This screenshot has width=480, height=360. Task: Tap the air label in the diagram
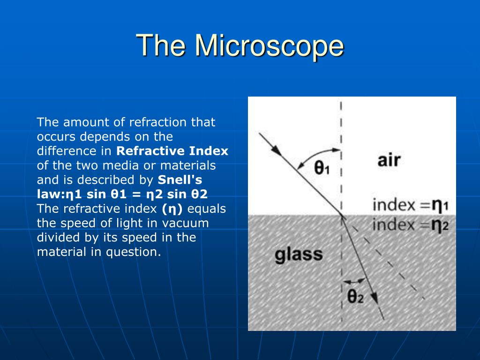(x=389, y=161)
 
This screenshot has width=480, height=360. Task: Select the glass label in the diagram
(x=299, y=255)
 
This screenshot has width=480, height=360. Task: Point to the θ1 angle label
(x=322, y=168)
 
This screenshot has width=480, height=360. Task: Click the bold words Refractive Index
(x=172, y=151)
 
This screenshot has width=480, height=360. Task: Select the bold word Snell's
(x=180, y=180)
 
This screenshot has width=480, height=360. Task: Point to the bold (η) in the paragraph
(x=172, y=209)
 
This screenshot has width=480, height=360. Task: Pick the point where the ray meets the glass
(x=341, y=215)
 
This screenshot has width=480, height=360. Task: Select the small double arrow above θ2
(x=354, y=281)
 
